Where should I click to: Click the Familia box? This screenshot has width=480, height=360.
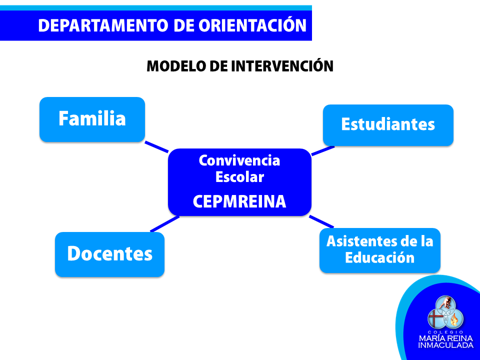pos(92,119)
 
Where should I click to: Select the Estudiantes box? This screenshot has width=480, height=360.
pos(388,125)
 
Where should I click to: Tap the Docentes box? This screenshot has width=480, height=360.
pos(109,254)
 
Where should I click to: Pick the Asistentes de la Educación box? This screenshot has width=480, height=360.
pos(380,250)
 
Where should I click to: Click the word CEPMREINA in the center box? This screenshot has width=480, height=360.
pos(239,201)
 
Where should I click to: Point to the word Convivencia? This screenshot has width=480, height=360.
pos(239,160)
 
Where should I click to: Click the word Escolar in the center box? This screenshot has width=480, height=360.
pos(239,177)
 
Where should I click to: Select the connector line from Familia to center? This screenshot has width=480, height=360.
pos(156,146)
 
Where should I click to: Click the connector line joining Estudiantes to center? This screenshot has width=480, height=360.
pos(323,151)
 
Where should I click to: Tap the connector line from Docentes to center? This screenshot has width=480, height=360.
pos(164,224)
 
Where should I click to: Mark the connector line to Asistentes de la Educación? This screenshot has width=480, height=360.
pos(321,221)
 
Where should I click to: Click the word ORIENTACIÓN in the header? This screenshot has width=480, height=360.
pos(252,25)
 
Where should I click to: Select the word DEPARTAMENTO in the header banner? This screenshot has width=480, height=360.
pos(103,25)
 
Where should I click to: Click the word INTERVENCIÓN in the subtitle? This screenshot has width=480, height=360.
pos(282,65)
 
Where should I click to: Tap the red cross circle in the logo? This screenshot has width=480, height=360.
pos(436,318)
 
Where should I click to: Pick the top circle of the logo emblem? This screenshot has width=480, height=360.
pos(445,304)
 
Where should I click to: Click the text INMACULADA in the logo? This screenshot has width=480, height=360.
pos(445,345)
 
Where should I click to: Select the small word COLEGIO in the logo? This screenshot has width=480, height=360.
pos(445,332)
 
